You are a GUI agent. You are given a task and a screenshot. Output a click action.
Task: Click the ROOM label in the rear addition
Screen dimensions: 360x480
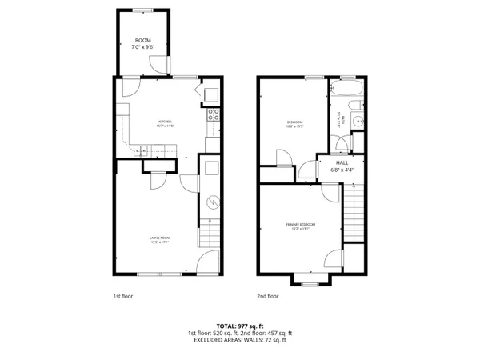pos(142,40)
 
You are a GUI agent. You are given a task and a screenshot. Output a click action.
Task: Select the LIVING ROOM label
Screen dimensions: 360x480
pos(162,238)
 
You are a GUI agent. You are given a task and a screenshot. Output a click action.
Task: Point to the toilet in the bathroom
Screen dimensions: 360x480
pos(341,144)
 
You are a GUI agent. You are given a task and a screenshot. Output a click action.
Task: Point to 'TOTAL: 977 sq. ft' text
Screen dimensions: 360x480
pos(239,326)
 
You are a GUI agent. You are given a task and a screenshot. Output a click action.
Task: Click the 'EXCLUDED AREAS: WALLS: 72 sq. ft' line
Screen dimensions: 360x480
pos(239,340)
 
